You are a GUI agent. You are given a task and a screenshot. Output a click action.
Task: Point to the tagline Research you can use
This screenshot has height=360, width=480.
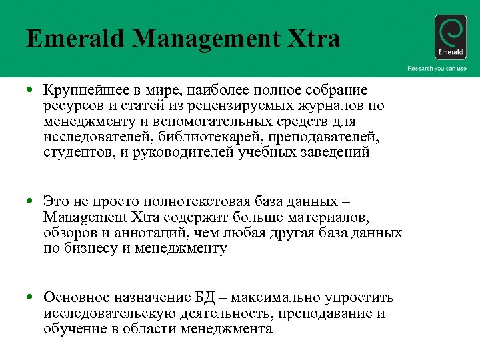(x=437, y=69)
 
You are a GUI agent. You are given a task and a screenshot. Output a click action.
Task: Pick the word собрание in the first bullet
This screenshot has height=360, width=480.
(x=337, y=90)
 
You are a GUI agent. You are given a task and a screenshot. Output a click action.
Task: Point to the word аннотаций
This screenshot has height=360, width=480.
(x=163, y=233)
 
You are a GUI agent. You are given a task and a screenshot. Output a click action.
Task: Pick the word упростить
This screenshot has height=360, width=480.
(x=359, y=297)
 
